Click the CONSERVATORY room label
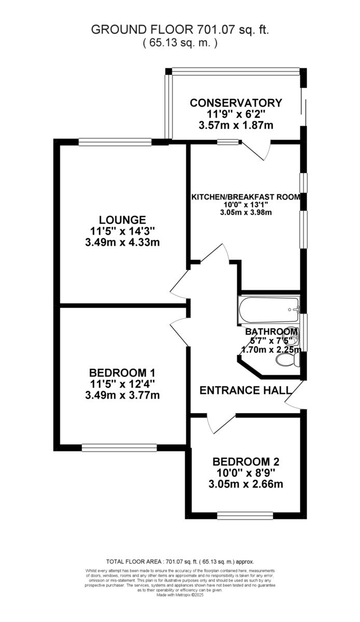click(x=236, y=103)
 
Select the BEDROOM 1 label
click(x=122, y=373)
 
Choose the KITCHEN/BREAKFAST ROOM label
click(x=246, y=197)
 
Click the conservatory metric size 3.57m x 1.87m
click(x=236, y=125)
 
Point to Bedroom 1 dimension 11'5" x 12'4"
click(x=122, y=384)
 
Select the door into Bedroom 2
click(x=214, y=424)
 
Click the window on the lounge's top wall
click(x=115, y=140)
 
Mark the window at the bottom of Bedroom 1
click(x=119, y=446)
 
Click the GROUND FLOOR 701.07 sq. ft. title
click(x=179, y=30)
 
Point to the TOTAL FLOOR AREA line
click(x=179, y=561)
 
